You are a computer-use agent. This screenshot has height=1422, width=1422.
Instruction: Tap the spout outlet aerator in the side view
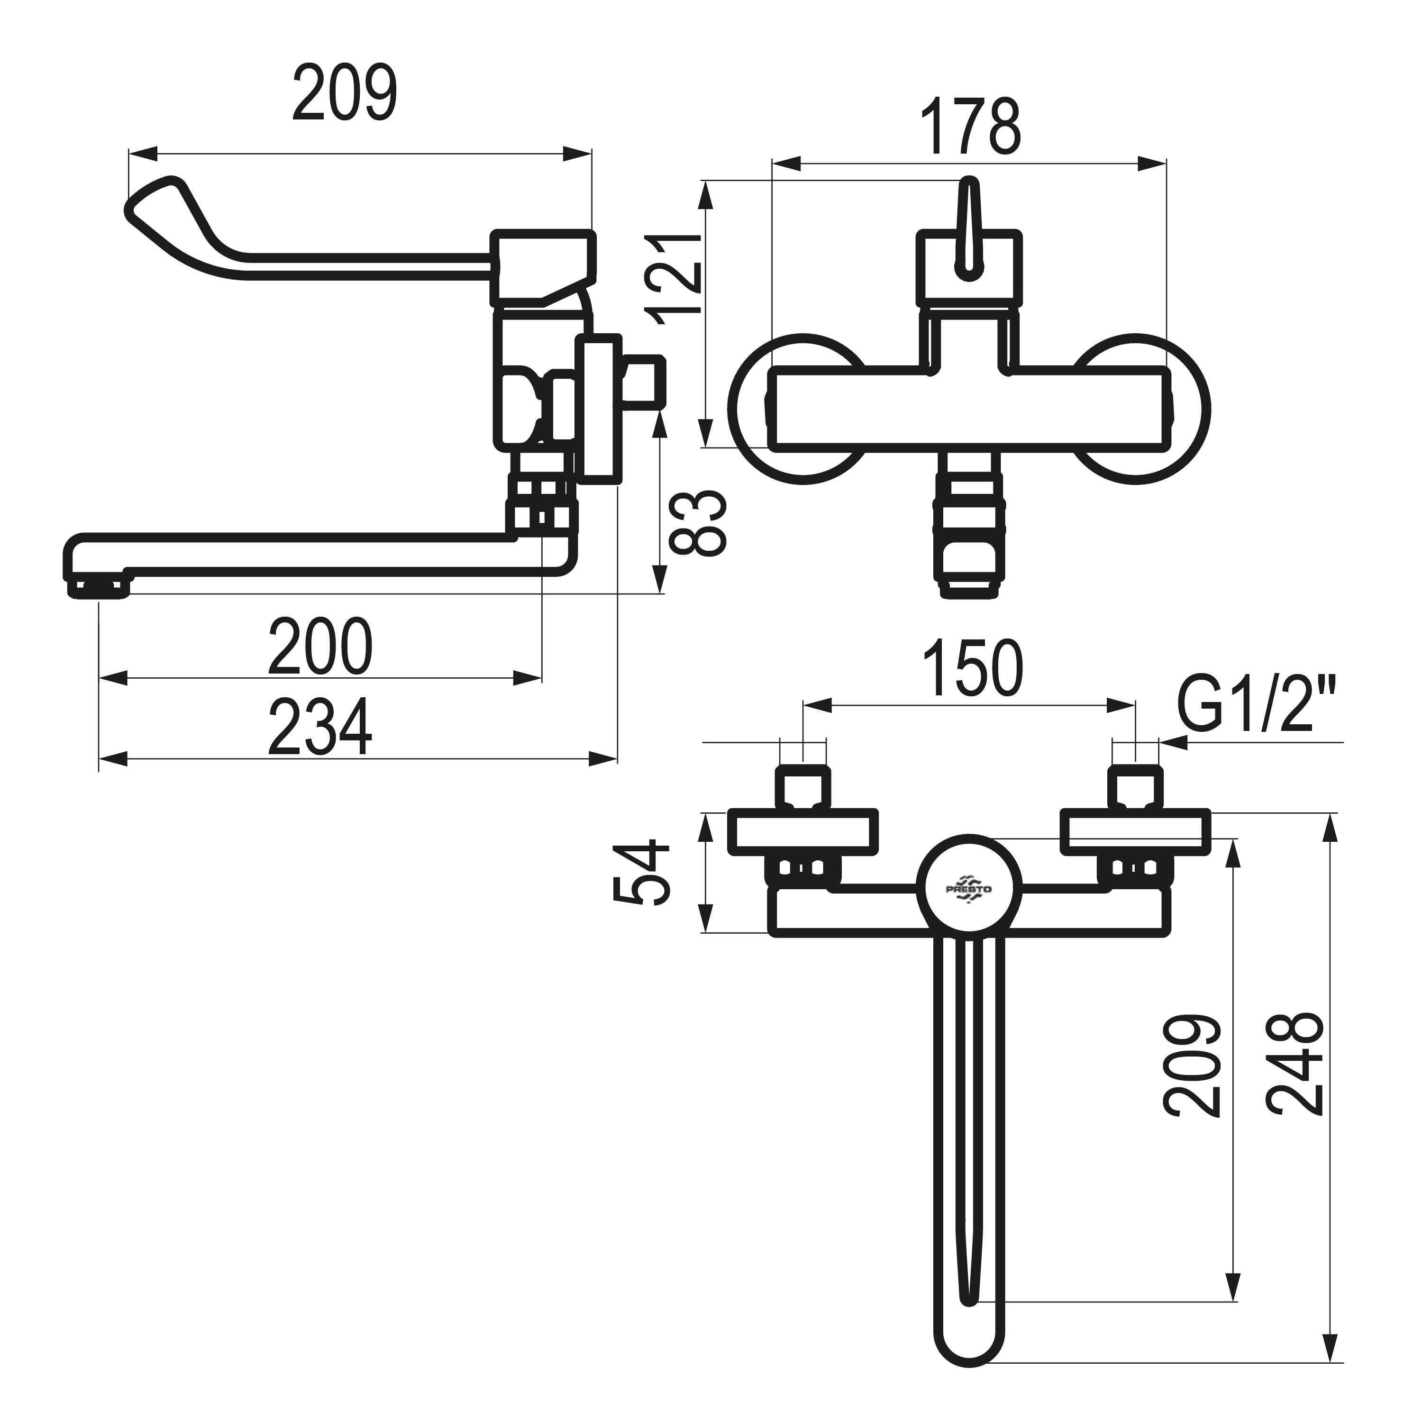pyautogui.click(x=100, y=587)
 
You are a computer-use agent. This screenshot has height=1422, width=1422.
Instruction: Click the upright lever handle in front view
pyautogui.click(x=968, y=228)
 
